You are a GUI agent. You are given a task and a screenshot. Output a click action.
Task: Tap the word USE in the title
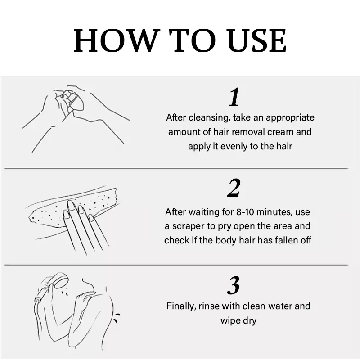(257, 41)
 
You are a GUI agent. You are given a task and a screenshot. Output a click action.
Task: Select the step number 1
(234, 97)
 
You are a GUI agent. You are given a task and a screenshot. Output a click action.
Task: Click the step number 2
(234, 188)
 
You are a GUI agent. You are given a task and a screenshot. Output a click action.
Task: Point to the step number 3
(234, 285)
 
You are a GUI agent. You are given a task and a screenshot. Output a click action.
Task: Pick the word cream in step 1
(280, 132)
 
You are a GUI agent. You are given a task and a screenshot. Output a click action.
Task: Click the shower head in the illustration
(60, 280)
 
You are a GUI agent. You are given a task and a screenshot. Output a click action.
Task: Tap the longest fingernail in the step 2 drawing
(71, 206)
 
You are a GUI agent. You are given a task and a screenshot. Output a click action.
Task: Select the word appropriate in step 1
(290, 118)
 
